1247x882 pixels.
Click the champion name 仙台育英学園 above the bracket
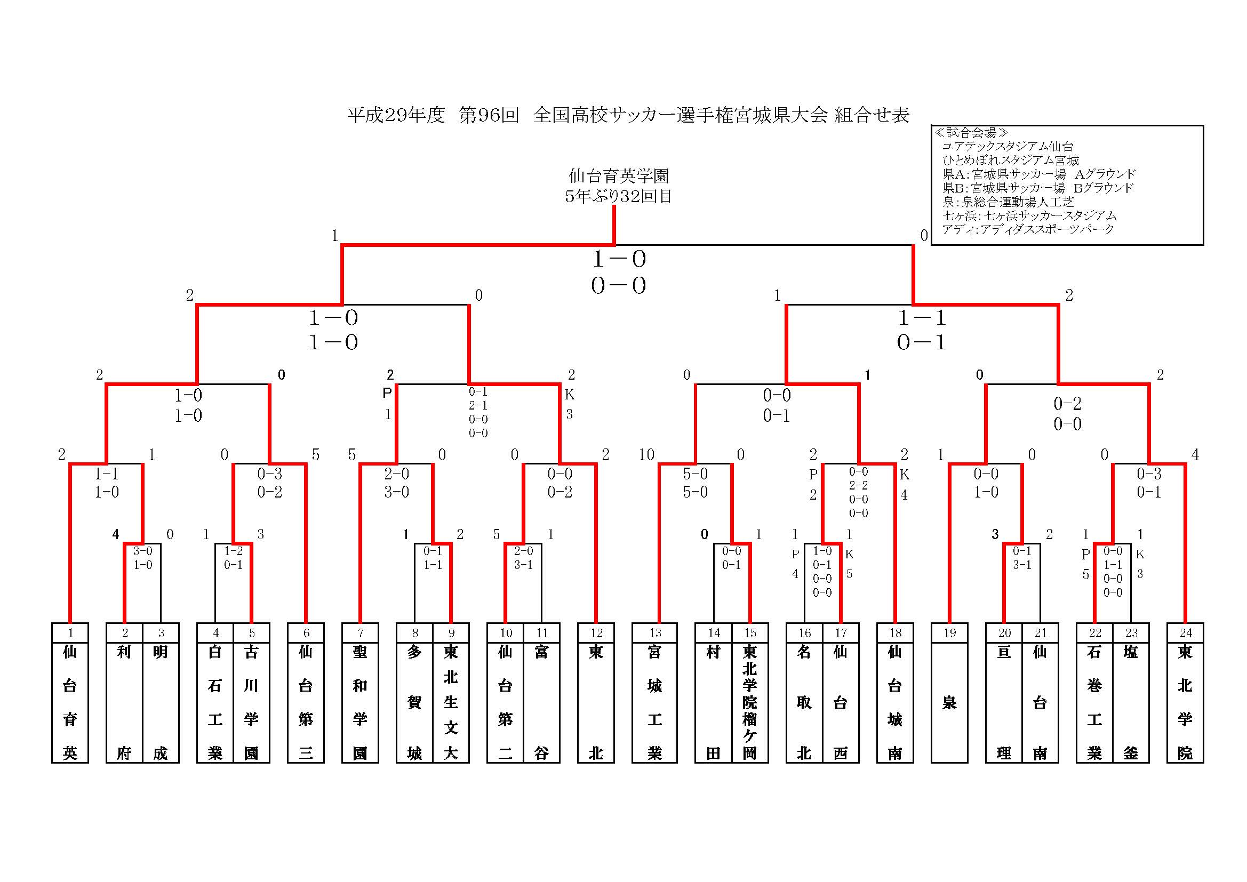click(x=618, y=176)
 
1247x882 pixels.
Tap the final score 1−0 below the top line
click(x=619, y=260)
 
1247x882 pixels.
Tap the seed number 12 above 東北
click(x=596, y=634)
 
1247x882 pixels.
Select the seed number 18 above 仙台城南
click(x=895, y=634)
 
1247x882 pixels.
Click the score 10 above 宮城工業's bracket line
click(x=646, y=454)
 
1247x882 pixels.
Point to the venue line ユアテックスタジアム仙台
click(x=1008, y=146)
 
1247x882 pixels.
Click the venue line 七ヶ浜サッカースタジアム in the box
click(x=1029, y=215)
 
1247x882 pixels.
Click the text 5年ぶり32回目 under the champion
click(x=618, y=196)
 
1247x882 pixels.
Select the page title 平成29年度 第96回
click(x=433, y=115)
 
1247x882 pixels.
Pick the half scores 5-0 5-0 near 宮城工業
click(x=695, y=483)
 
